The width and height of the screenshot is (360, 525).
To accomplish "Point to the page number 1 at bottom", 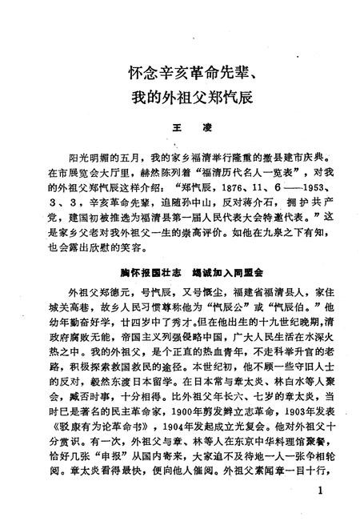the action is pos(320,491).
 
